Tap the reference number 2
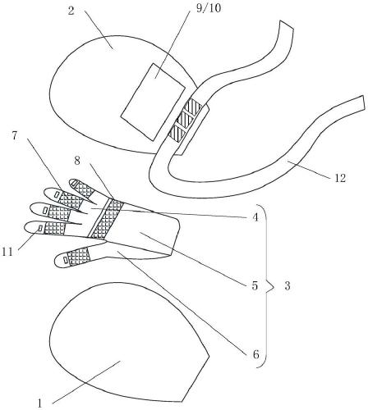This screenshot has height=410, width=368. coord(71,11)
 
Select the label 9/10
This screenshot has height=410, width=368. coord(209,8)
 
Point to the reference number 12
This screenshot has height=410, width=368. coord(340,178)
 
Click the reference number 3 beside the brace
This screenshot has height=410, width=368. coord(287,286)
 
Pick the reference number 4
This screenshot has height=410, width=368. coord(255,218)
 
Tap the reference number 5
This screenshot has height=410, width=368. coord(255,285)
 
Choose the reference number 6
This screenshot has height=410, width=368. coord(255,354)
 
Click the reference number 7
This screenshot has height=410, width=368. coord(15,136)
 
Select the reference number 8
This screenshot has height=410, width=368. coord(77,161)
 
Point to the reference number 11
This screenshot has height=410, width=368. coord(7,252)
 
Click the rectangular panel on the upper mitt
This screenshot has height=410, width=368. coord(153,102)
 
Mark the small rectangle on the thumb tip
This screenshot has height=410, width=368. coord(66,260)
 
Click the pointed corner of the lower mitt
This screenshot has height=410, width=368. coord(209,356)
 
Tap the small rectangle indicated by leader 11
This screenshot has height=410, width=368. coord(40,228)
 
